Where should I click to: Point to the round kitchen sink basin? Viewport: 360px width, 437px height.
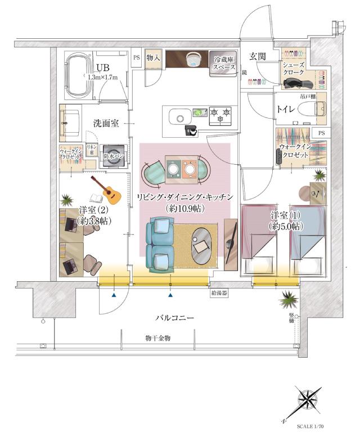point(180,119)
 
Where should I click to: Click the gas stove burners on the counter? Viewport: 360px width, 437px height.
point(221,116)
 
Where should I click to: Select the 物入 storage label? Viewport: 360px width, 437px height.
point(154,58)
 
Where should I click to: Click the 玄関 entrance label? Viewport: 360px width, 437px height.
point(258,56)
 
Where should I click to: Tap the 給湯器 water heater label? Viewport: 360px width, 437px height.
point(218,293)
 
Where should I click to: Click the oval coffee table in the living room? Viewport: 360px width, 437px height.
point(204,245)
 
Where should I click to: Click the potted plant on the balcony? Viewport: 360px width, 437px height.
point(289,299)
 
